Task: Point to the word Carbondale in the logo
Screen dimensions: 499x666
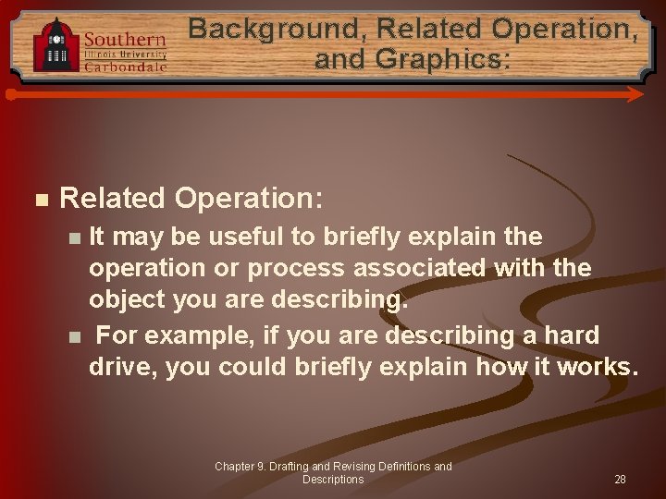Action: [x=125, y=67]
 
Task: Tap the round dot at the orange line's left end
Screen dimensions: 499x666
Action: [x=10, y=94]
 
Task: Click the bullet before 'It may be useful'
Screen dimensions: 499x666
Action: [x=75, y=237]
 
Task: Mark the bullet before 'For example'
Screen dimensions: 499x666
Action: [x=75, y=335]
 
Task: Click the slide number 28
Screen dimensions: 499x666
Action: [x=620, y=480]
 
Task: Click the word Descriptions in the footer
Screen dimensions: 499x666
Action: [x=333, y=480]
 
